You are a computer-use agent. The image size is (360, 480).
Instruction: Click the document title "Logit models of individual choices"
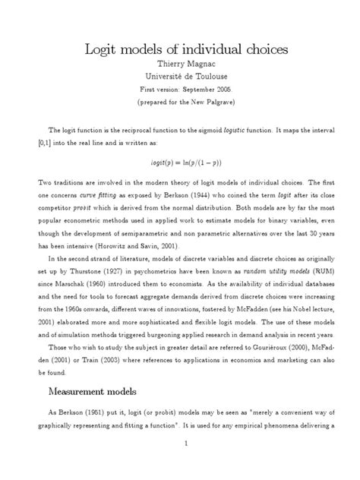coord(180,51)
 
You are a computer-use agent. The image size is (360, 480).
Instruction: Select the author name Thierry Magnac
coord(180,67)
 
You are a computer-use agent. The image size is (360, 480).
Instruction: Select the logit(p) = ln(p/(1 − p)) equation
coord(180,161)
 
